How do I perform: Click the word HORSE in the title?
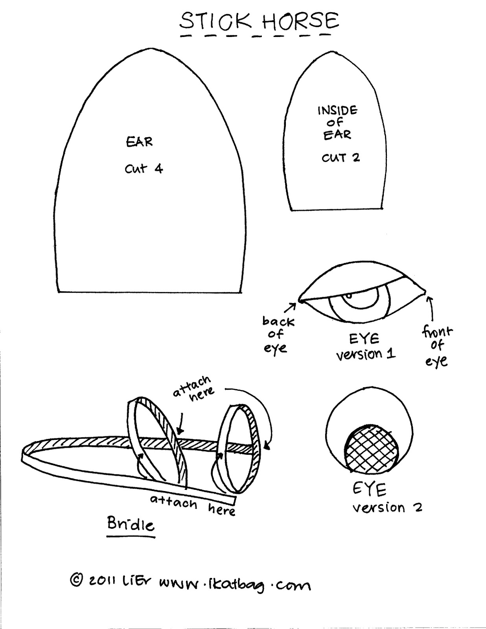click(x=300, y=21)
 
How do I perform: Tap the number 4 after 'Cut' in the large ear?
click(x=158, y=169)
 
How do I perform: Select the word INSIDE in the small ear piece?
click(x=337, y=110)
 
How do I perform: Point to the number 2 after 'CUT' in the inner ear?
click(x=356, y=158)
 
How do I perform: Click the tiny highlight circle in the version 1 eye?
click(x=349, y=296)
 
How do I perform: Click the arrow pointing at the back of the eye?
click(x=290, y=308)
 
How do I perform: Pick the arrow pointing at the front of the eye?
click(x=431, y=309)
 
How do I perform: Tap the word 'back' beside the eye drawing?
click(x=278, y=321)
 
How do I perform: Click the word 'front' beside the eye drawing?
click(x=437, y=332)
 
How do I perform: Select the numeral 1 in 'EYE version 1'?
click(x=391, y=353)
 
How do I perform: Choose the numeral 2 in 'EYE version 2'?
click(x=418, y=508)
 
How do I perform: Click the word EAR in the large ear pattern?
click(x=139, y=142)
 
